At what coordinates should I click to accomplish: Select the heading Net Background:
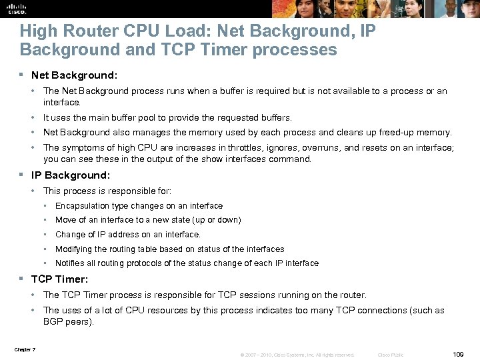pos(74,75)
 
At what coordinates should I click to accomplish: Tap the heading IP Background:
pos(71,175)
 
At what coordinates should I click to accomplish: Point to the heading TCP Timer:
pos(60,279)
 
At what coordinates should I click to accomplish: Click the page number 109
pos(457,354)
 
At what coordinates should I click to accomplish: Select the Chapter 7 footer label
pos(25,349)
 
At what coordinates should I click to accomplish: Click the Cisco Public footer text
pos(390,355)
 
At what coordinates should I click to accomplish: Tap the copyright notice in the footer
pos(297,355)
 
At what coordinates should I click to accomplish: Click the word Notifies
pos(69,263)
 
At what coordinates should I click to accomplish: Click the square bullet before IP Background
pos(22,175)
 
